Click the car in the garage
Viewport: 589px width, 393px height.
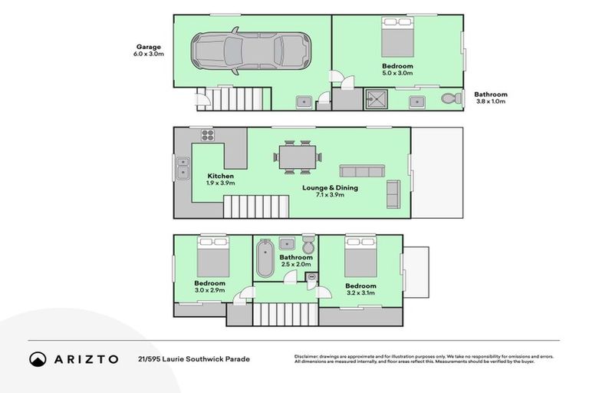[x=252, y=52]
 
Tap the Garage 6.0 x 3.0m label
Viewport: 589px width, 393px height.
[x=149, y=51]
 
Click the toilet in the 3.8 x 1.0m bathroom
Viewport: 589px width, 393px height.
[x=452, y=99]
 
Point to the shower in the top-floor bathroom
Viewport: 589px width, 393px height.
[x=377, y=99]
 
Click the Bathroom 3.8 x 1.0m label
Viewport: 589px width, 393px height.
[x=492, y=98]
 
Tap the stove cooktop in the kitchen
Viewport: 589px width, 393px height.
[x=207, y=135]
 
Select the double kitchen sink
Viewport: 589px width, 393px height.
[x=183, y=167]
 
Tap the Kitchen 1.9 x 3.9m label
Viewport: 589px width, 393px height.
[x=220, y=180]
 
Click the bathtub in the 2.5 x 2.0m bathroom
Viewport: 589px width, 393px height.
[x=265, y=258]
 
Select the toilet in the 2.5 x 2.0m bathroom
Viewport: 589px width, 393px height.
[x=308, y=245]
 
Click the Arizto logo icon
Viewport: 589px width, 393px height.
[x=38, y=358]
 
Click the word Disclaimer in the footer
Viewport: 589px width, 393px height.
[x=308, y=356]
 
